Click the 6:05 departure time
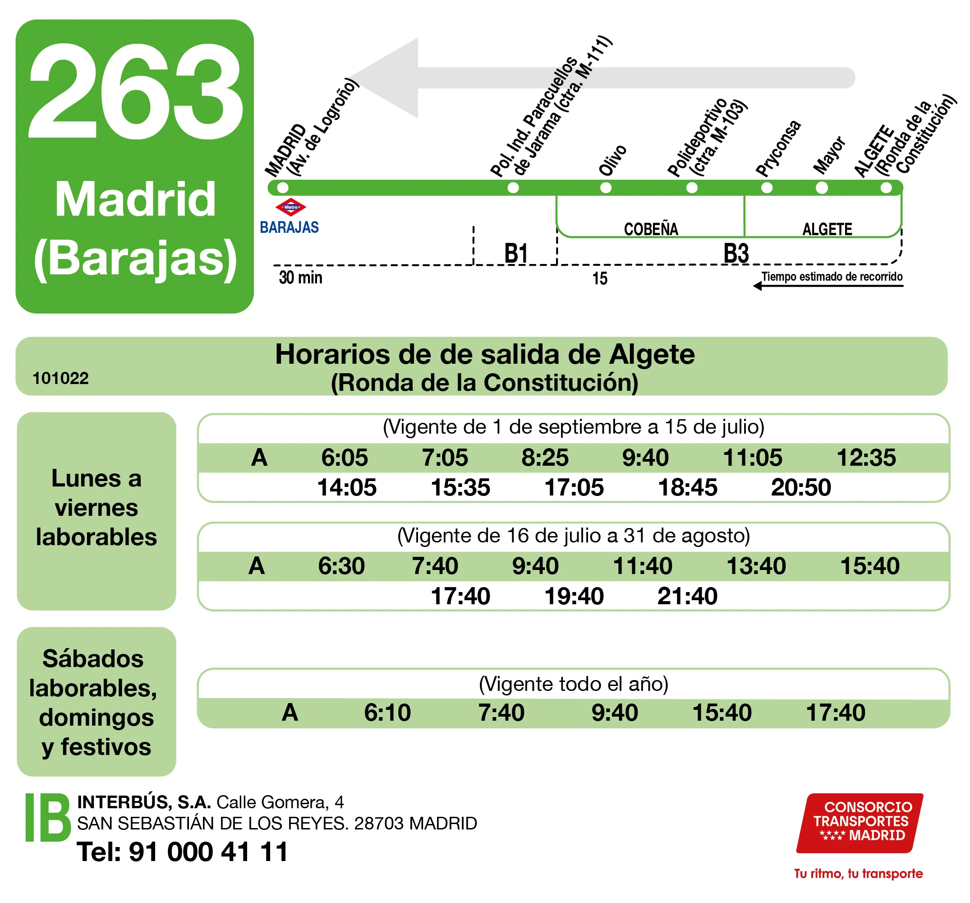[x=345, y=458]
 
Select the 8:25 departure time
[x=545, y=458]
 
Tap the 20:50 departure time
[x=801, y=487]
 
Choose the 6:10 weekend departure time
[x=387, y=713]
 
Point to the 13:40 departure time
[x=756, y=566]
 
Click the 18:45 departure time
[x=688, y=487]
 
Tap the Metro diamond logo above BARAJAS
[x=291, y=207]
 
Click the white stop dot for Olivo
[x=606, y=188]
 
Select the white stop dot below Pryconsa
[x=767, y=188]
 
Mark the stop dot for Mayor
[x=822, y=188]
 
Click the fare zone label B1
[x=516, y=253]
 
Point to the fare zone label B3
[x=736, y=253]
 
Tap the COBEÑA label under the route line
[x=651, y=229]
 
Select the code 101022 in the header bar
[x=60, y=378]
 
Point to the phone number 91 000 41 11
[x=208, y=852]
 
